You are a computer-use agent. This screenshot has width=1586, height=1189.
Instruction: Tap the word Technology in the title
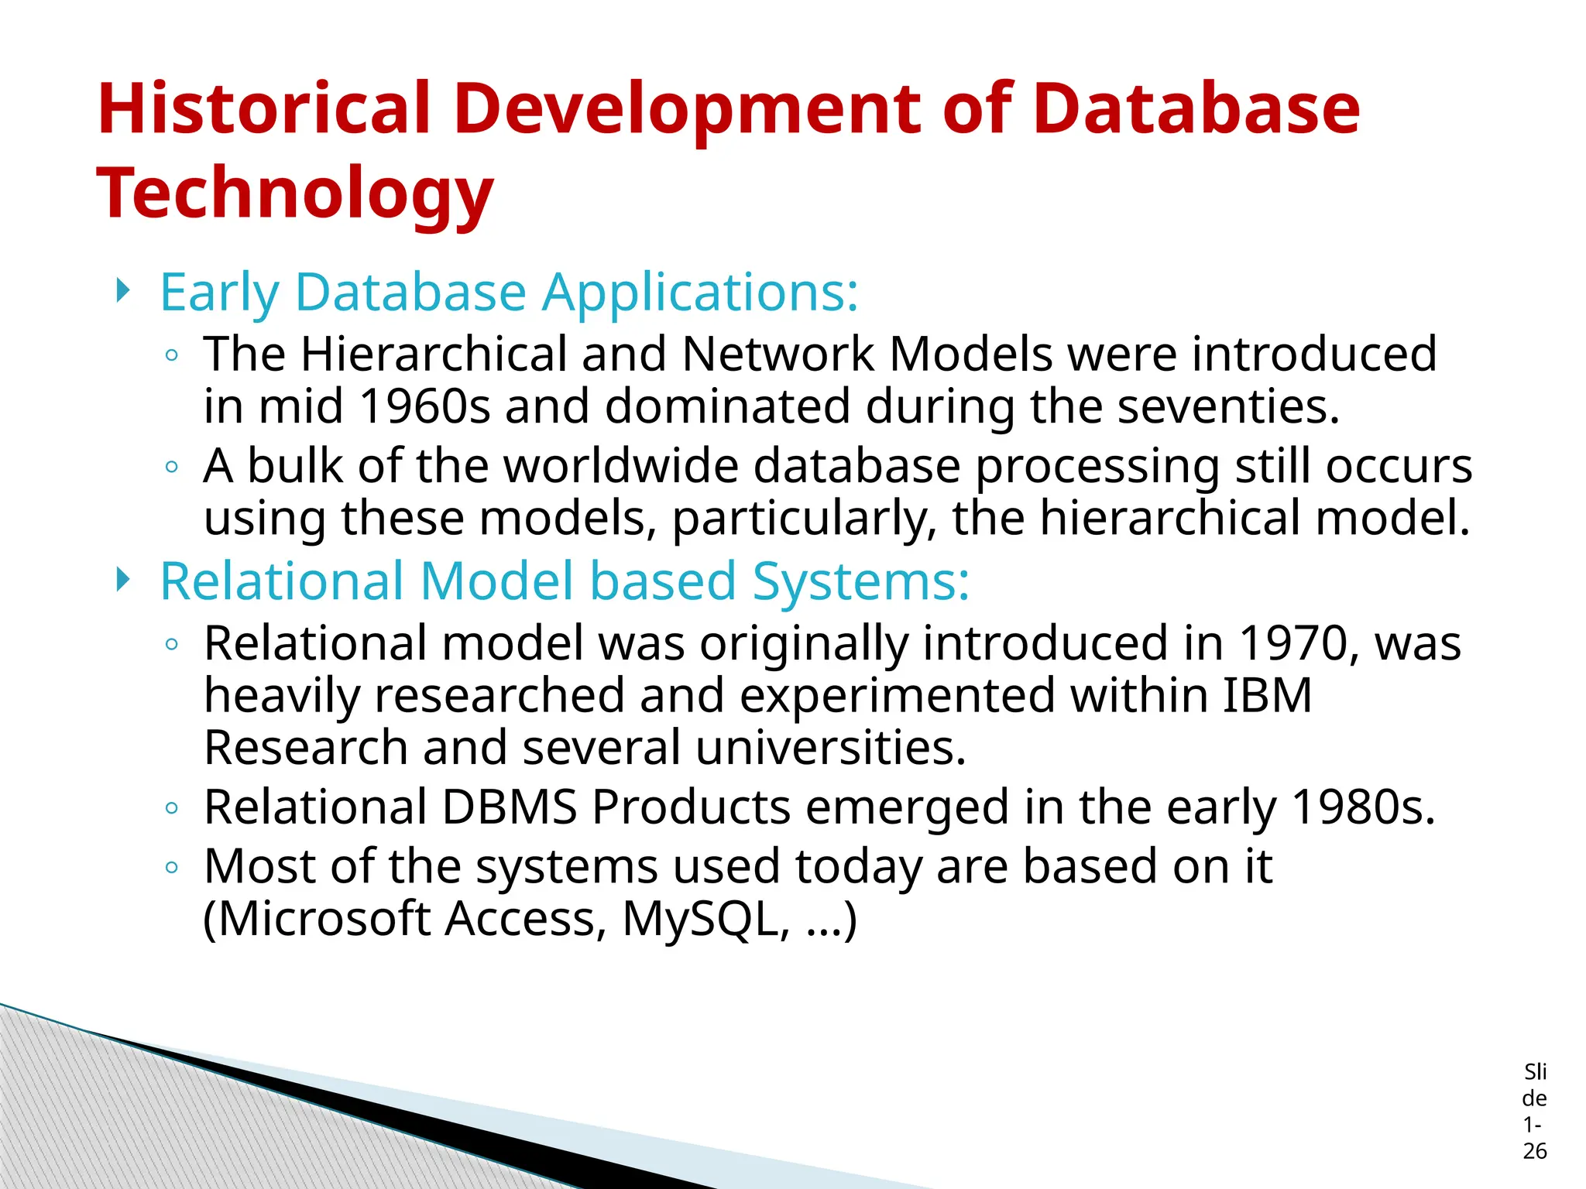(294, 194)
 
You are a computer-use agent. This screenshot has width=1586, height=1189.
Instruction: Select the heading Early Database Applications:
(509, 293)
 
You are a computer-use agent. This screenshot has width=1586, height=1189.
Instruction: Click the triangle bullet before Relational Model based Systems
(122, 579)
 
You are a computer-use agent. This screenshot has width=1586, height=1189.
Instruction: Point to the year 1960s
(425, 406)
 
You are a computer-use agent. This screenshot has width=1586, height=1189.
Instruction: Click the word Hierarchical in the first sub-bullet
(434, 355)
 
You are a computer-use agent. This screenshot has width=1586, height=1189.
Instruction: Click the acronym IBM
(1267, 695)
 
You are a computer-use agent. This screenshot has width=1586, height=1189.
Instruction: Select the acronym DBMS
(510, 807)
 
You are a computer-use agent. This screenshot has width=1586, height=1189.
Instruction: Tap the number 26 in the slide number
(1534, 1151)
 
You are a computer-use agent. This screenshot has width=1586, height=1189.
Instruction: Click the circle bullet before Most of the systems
(172, 867)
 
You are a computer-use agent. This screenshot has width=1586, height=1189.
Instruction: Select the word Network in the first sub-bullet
(778, 355)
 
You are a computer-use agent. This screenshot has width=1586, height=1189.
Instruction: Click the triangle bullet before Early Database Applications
(122, 291)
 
